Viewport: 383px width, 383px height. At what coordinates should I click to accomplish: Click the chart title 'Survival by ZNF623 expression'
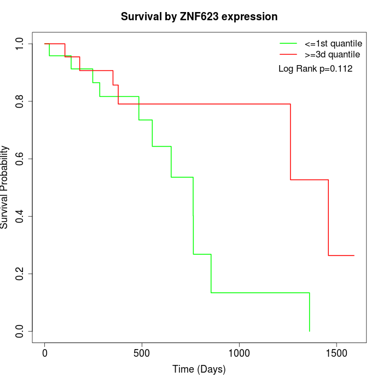pyautogui.click(x=199, y=17)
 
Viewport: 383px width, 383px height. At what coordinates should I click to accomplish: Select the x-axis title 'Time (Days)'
pyautogui.click(x=199, y=369)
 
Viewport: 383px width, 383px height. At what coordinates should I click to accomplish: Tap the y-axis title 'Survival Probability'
pyautogui.click(x=5, y=187)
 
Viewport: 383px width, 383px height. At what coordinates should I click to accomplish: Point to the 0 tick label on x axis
pyautogui.click(x=45, y=353)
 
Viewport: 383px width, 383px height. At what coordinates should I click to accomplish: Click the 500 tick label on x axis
pyautogui.click(x=142, y=353)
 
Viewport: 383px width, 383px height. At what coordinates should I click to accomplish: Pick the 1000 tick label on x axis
pyautogui.click(x=239, y=353)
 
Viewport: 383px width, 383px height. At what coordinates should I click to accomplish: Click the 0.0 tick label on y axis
pyautogui.click(x=20, y=331)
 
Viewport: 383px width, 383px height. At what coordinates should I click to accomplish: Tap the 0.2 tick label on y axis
pyautogui.click(x=20, y=274)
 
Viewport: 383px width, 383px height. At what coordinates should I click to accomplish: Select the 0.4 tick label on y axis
pyautogui.click(x=20, y=216)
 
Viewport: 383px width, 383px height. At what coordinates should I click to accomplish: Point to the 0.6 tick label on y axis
pyautogui.click(x=20, y=159)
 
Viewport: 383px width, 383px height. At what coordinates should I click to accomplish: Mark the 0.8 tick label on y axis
pyautogui.click(x=20, y=101)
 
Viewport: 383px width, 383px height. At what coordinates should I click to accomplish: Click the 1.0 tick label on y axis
pyautogui.click(x=20, y=44)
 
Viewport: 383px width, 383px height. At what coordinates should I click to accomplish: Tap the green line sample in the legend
pyautogui.click(x=288, y=43)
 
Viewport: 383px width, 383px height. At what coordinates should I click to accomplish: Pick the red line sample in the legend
pyautogui.click(x=288, y=55)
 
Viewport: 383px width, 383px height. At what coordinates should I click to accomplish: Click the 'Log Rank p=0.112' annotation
pyautogui.click(x=315, y=69)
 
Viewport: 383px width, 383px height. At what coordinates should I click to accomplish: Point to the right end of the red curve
pyautogui.click(x=354, y=256)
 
